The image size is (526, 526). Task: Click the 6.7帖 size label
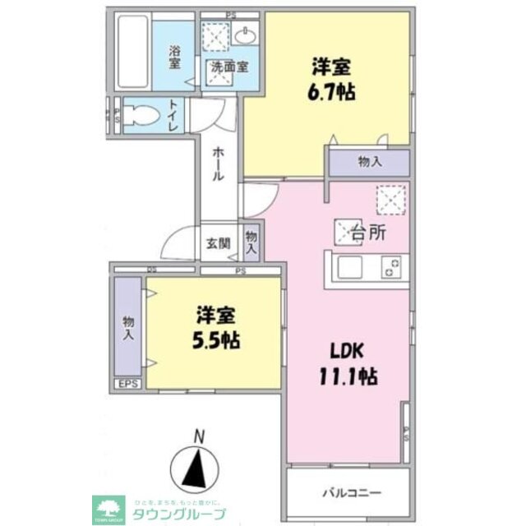333,91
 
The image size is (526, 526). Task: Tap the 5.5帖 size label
217,340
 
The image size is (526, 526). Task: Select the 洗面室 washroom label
229,67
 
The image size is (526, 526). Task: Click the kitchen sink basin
348,267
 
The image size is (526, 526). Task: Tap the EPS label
128,384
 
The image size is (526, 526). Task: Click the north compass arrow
196,470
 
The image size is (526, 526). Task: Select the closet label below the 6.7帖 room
370,162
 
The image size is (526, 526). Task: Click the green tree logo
107,506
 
